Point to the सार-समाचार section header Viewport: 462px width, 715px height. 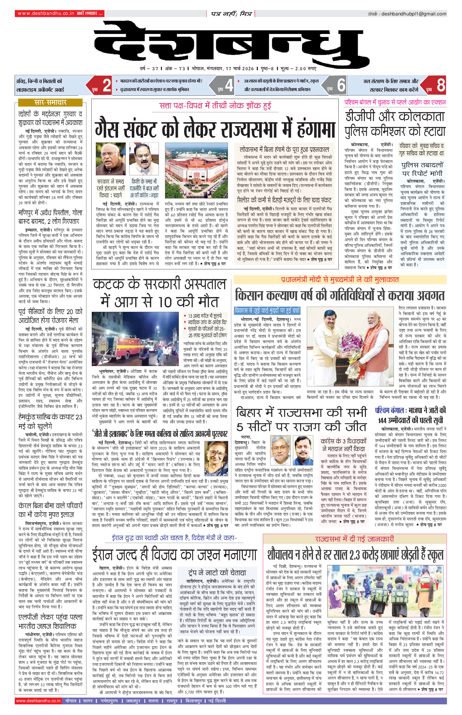click(50, 103)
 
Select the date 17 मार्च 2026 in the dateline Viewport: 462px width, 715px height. click(239, 69)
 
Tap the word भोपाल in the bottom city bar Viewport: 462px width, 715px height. click(71, 701)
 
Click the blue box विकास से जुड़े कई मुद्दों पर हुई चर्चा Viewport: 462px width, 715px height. click(267, 310)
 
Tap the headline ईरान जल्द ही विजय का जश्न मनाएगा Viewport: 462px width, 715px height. click(174, 554)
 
